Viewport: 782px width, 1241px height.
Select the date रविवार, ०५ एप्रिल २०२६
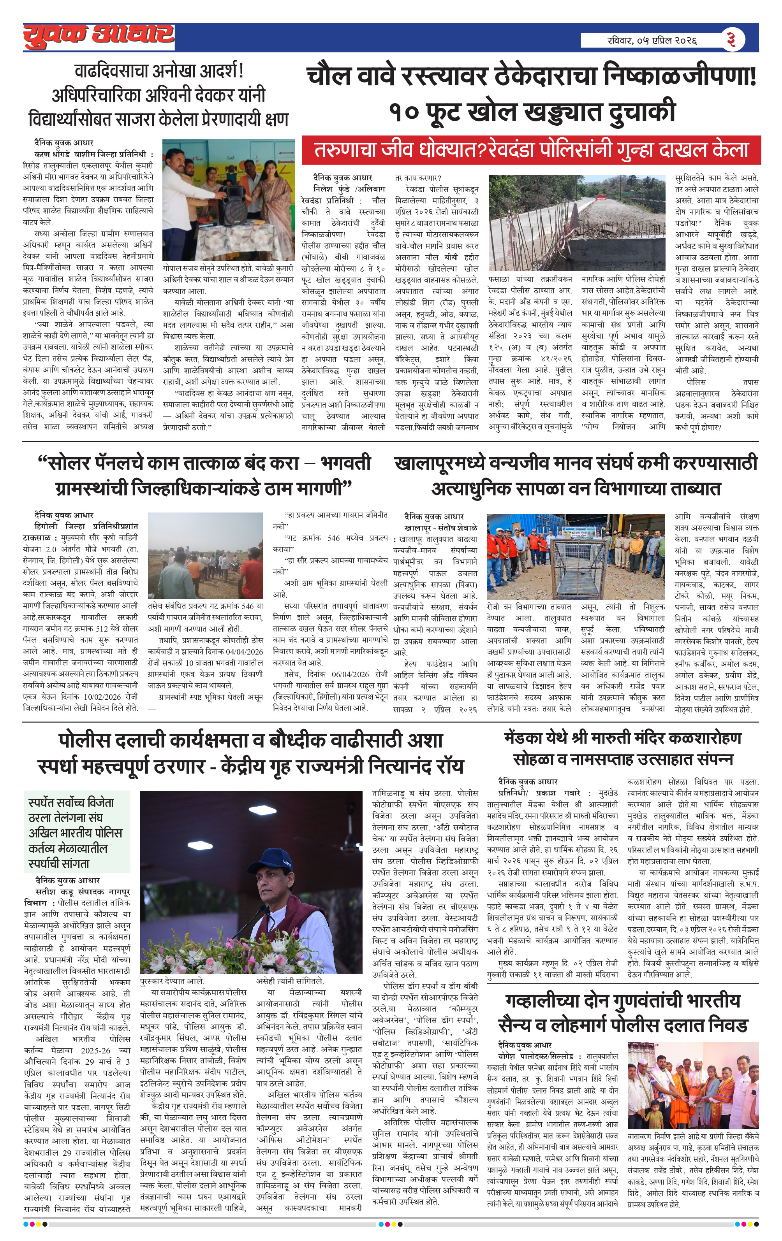tap(652, 40)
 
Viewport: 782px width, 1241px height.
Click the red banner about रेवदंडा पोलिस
tap(531, 150)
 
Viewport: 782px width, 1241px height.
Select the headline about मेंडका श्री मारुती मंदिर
tap(623, 748)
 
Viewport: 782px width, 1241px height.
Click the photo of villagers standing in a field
tap(205, 555)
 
